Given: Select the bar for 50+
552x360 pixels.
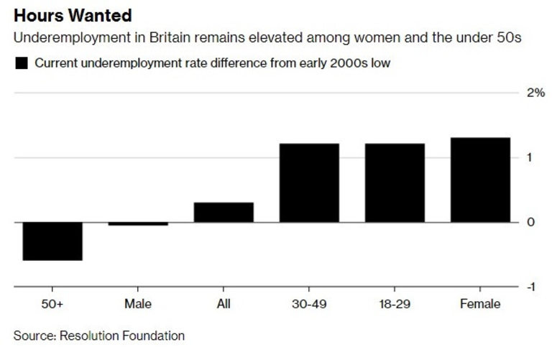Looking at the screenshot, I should pos(52,241).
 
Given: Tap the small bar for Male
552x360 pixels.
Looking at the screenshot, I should pos(138,223).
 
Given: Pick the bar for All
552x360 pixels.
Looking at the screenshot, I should pos(224,213).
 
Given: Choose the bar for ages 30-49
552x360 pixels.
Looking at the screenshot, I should pos(309,183).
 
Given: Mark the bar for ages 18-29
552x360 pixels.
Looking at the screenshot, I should pos(395,183).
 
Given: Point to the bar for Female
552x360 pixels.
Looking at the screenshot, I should pos(480,180).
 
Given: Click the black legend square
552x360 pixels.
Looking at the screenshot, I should pos(22,63).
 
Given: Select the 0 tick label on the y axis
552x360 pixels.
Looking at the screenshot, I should pos(530,222).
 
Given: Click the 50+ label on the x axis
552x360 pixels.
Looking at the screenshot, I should pos(52,305).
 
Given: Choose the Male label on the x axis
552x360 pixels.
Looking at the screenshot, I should pos(138,305).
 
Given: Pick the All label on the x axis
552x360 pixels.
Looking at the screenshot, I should pos(224,305).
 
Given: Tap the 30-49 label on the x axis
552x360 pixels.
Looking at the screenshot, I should pos(309,305).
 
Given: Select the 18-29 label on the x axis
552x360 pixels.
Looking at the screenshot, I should pos(395,305).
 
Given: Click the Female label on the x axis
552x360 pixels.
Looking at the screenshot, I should pos(480,305).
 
